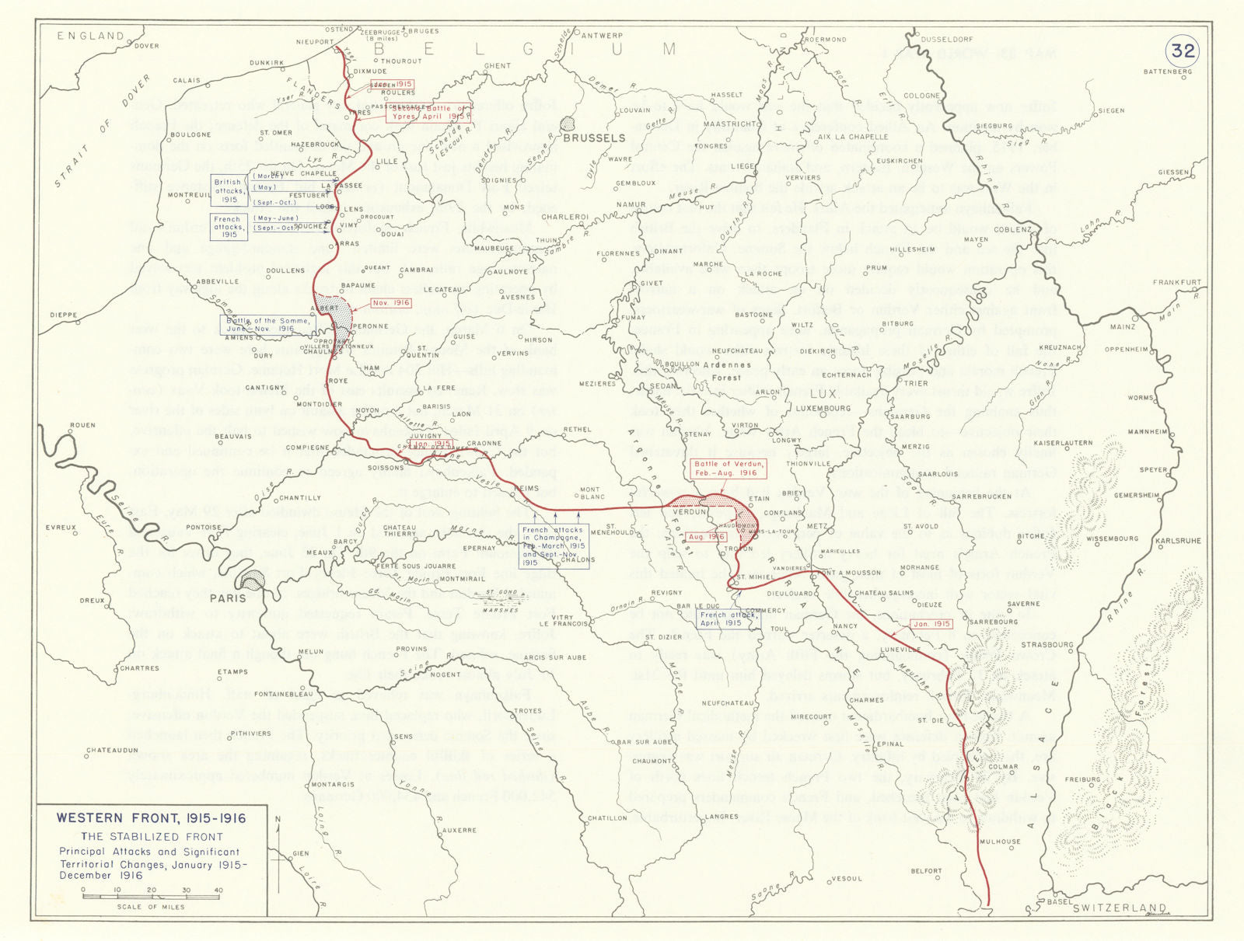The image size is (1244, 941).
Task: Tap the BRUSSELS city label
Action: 594,138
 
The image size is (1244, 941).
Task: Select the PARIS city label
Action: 228,598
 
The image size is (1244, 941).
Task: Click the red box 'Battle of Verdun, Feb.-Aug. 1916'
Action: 729,469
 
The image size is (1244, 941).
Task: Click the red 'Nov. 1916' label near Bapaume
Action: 391,303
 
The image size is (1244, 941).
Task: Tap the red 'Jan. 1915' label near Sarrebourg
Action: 931,624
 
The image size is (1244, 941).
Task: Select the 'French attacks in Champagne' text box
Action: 552,546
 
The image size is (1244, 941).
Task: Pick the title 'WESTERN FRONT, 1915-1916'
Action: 151,818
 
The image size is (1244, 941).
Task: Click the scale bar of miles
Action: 151,897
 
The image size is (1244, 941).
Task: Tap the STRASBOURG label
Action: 1047,644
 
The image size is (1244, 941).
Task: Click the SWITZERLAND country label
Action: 1119,908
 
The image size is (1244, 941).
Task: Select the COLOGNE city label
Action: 921,96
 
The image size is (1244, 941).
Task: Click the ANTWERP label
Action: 602,36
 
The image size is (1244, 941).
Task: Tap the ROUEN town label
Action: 82,425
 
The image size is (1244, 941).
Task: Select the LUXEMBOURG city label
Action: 823,408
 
